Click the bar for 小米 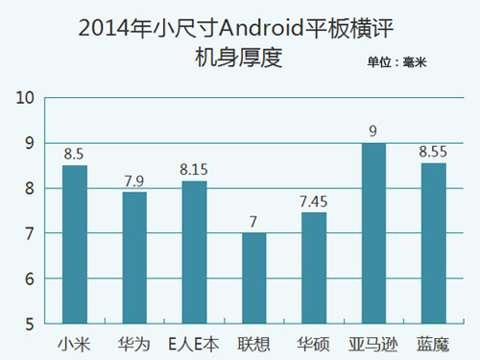click(75, 245)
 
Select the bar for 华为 click(134, 258)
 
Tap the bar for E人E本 click(194, 252)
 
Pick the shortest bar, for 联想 click(253, 278)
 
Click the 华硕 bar click(314, 268)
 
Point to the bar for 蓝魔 click(433, 244)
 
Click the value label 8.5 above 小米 click(75, 153)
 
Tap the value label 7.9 click(134, 180)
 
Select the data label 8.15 click(194, 169)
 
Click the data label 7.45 click(314, 201)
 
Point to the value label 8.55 click(433, 151)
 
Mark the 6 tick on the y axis click(30, 279)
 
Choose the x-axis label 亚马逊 click(373, 342)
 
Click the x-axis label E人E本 click(194, 342)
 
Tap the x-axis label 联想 click(253, 342)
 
